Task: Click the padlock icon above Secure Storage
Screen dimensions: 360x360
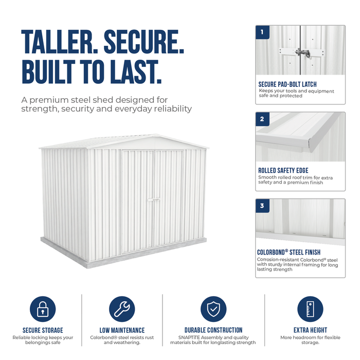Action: coord(43,309)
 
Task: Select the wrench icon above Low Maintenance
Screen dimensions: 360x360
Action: coord(122,309)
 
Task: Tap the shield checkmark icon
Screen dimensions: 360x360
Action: coord(213,309)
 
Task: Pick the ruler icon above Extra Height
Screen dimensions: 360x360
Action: coord(310,309)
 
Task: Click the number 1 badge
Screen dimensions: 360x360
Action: coord(262,32)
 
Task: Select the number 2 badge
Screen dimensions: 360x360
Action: coord(262,119)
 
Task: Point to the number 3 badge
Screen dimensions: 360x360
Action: coord(262,206)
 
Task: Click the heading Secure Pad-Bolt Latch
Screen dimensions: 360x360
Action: coord(287,84)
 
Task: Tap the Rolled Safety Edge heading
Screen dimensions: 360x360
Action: coord(283,171)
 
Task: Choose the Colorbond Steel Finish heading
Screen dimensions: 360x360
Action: coord(289,253)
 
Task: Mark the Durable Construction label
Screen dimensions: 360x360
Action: coord(213,330)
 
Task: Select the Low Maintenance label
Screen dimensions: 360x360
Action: coord(122,330)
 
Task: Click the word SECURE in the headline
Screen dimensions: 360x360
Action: coord(144,42)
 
